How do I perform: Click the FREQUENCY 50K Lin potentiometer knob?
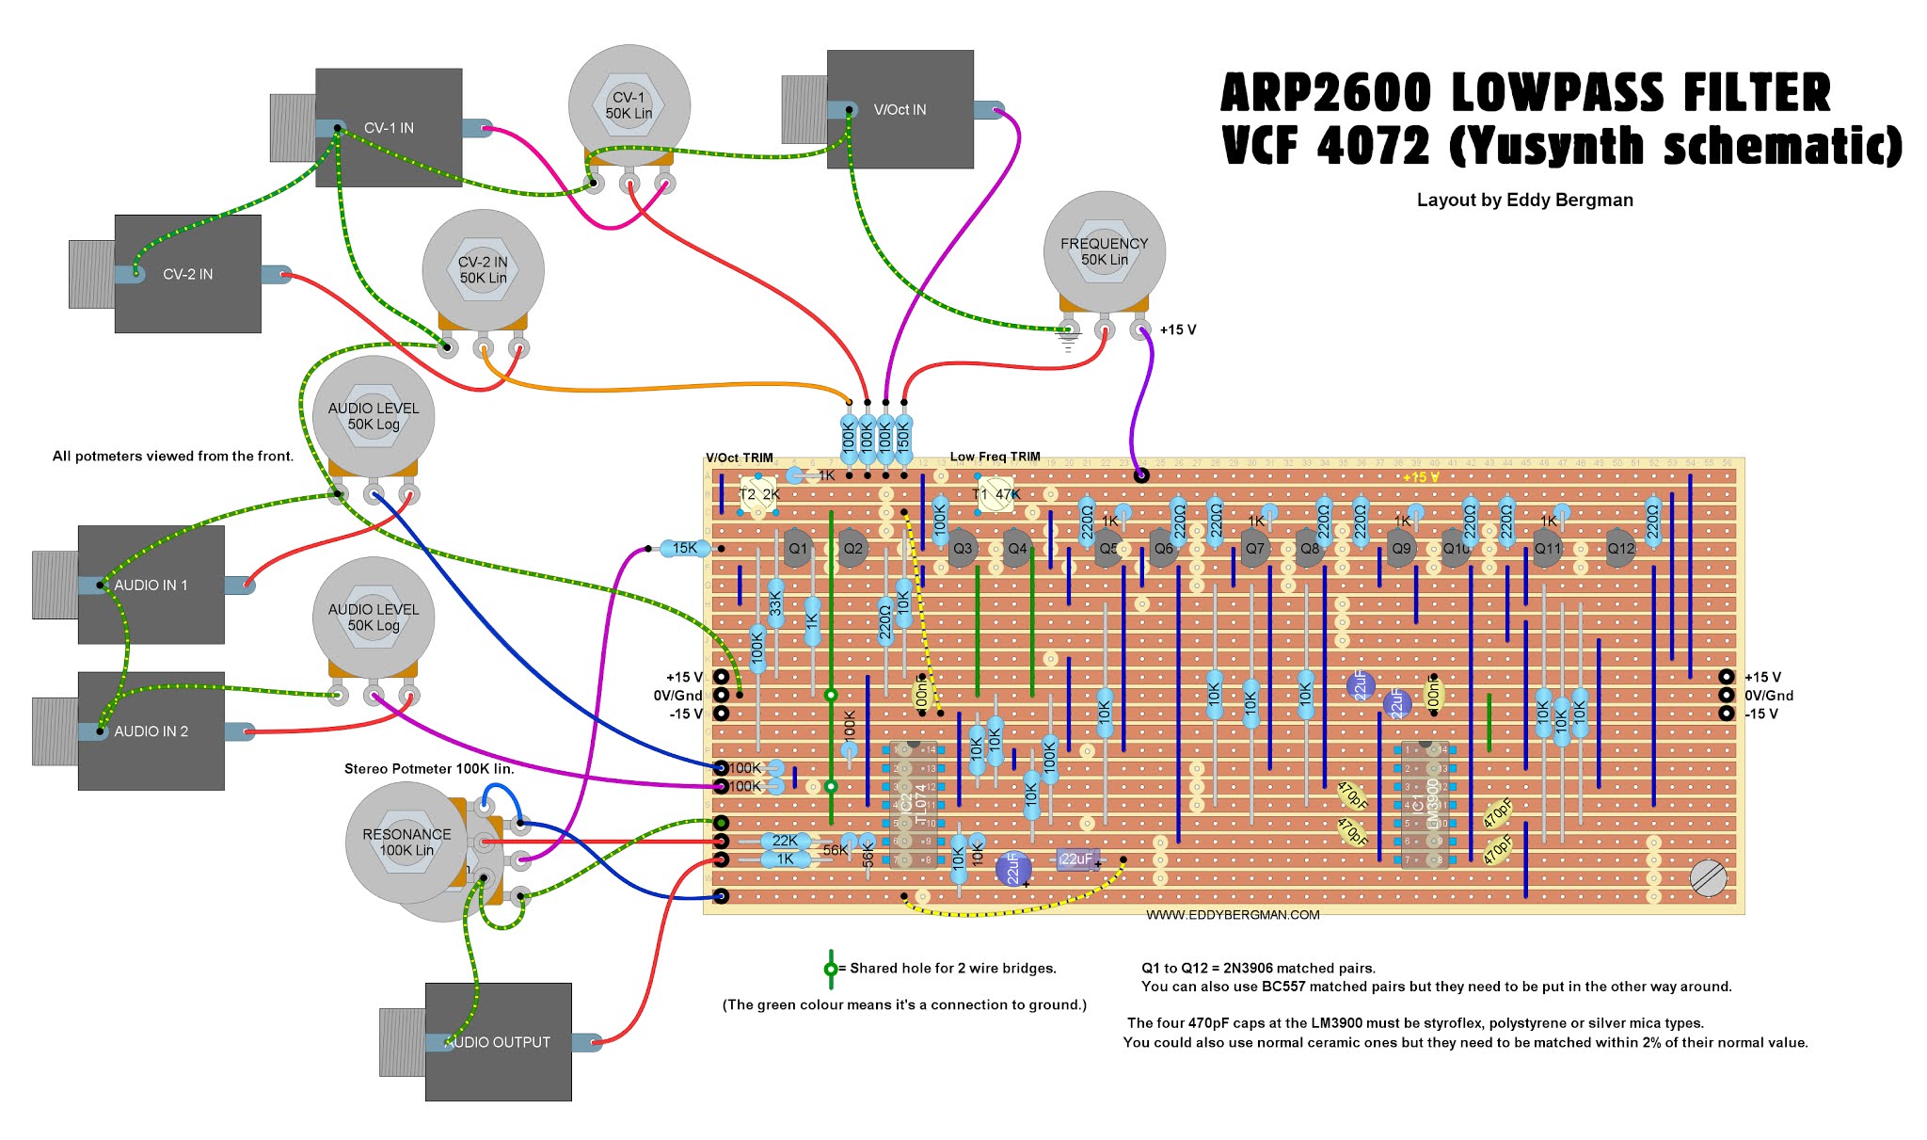click(x=1104, y=250)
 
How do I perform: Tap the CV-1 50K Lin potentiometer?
click(x=629, y=104)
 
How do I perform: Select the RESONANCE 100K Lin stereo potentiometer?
click(x=406, y=842)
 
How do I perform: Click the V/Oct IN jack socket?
click(x=899, y=109)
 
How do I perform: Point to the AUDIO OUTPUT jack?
click(x=498, y=1041)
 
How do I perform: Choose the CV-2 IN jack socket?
click(x=187, y=274)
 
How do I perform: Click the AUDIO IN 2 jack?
click(x=151, y=731)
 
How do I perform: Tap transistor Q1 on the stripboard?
click(x=797, y=548)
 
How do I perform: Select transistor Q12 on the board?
click(x=1620, y=548)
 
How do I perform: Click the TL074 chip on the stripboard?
click(x=912, y=806)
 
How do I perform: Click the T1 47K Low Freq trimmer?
click(x=995, y=494)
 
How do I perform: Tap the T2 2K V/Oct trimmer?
click(x=757, y=494)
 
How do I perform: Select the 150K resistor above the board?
click(x=903, y=438)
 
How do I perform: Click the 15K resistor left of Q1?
click(x=684, y=548)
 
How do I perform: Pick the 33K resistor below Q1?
click(x=775, y=602)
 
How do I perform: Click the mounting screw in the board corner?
click(x=1708, y=878)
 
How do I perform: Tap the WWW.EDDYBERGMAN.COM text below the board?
click(x=1233, y=915)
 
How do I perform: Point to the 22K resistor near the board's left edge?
click(x=784, y=841)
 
